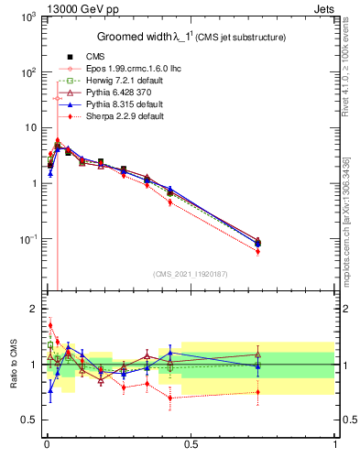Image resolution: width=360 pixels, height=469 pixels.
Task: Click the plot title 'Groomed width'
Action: pyautogui.click(x=137, y=37)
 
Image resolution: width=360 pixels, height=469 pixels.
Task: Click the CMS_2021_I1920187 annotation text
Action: pyautogui.click(x=191, y=274)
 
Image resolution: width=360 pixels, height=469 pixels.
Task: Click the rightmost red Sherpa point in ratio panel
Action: pyautogui.click(x=258, y=392)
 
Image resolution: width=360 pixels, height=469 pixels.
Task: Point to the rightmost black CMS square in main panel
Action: pyautogui.click(x=258, y=244)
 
